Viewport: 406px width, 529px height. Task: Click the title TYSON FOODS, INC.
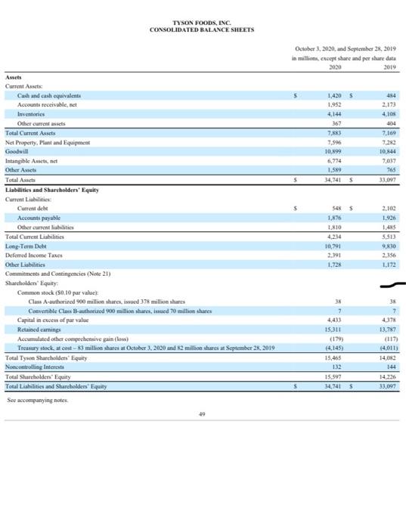pyautogui.click(x=202, y=23)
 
